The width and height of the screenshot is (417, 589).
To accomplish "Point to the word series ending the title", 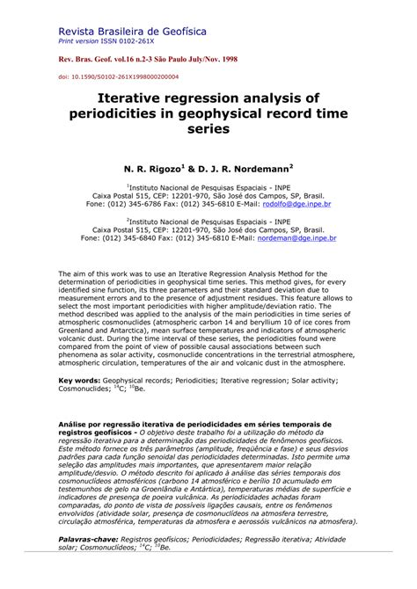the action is [x=208, y=128].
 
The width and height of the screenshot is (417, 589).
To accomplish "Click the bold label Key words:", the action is [x=78, y=381].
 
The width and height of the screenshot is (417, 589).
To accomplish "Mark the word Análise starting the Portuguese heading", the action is [x=75, y=425].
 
